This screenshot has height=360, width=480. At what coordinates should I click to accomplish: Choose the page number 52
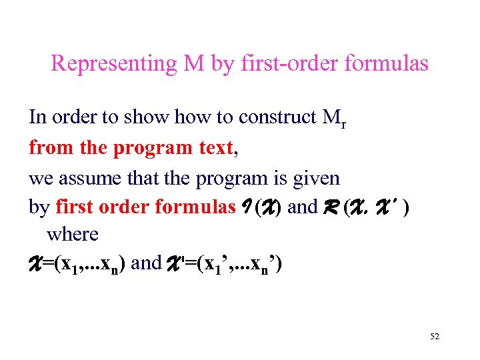[x=435, y=337]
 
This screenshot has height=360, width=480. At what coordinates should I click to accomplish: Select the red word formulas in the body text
[x=194, y=207]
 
